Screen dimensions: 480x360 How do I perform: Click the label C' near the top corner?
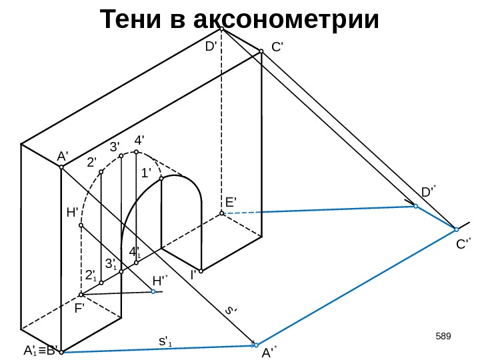pos(278,47)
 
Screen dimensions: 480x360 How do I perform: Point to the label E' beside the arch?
pos(231,201)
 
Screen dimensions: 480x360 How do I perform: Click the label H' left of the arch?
pos(72,213)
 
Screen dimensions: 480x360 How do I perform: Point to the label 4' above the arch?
pos(140,141)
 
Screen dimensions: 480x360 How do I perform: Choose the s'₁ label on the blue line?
pos(165,342)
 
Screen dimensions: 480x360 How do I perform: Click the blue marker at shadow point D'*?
pos(415,207)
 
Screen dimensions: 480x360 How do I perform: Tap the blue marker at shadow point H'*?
pos(153,291)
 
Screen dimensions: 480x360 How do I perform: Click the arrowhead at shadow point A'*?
pos(255,345)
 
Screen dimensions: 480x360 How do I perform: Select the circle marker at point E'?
pos(221,213)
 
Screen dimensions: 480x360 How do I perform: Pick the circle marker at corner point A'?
pos(61,167)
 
